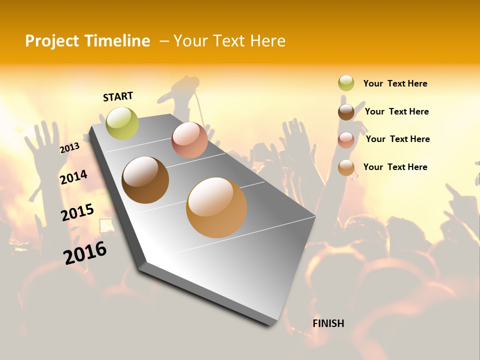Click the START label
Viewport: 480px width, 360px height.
(x=118, y=96)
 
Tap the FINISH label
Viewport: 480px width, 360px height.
(x=328, y=323)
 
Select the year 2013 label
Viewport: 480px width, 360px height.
(x=69, y=147)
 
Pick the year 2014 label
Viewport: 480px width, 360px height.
(x=73, y=177)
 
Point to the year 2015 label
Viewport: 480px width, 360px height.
(x=77, y=212)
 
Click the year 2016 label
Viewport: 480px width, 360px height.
(x=85, y=252)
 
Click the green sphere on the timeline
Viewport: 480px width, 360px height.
(x=122, y=123)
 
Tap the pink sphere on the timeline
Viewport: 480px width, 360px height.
(x=189, y=140)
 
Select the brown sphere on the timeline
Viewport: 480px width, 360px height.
(x=145, y=180)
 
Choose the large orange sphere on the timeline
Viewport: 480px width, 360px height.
(x=216, y=207)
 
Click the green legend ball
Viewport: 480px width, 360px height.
(x=346, y=83)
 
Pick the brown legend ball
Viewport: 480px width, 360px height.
(x=346, y=111)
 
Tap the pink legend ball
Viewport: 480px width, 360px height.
(x=346, y=139)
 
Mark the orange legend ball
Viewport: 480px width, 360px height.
(x=346, y=167)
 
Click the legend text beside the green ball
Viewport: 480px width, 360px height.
(x=395, y=83)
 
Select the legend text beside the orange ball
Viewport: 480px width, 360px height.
(x=395, y=167)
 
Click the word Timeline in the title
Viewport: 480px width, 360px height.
(x=117, y=41)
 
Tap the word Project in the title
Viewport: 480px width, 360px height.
(x=52, y=41)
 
